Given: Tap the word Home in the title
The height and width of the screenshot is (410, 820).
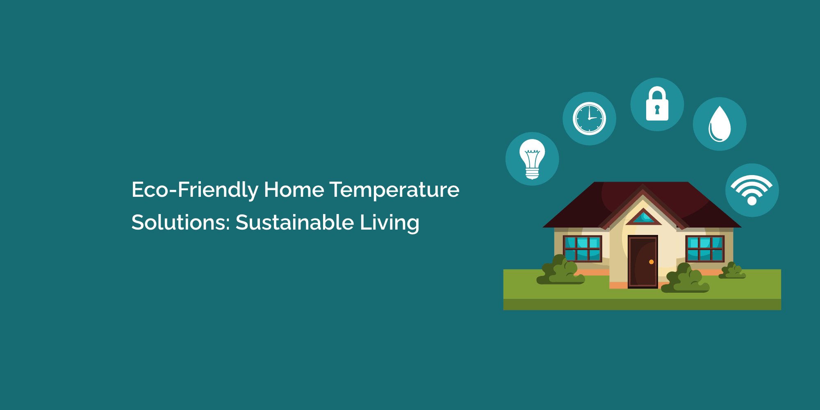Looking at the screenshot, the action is tap(294, 190).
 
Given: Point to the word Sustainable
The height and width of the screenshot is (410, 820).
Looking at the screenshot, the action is tap(295, 223).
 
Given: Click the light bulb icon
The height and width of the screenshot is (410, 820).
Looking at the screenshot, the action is tap(532, 159).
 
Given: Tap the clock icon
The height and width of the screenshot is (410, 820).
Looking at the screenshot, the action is tap(589, 118).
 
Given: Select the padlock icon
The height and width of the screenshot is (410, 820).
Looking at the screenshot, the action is tap(657, 104).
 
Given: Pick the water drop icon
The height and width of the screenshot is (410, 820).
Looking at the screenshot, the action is tap(720, 124).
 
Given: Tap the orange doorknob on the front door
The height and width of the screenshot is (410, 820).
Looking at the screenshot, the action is tap(651, 262).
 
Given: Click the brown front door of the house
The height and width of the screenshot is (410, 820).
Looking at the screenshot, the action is tap(642, 262).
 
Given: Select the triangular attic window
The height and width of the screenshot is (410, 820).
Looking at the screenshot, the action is tap(643, 217).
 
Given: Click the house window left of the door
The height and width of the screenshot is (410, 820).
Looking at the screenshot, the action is tap(582, 249).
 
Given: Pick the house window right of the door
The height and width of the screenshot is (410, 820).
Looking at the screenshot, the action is tap(705, 249).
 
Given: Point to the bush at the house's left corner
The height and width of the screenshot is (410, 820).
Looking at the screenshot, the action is tap(560, 270).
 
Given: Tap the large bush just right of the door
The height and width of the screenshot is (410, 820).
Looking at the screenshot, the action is tap(685, 279).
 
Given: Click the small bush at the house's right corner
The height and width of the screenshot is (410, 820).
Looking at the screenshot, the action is tap(732, 271).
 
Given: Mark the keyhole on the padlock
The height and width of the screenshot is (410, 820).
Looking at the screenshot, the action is tap(657, 109).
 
